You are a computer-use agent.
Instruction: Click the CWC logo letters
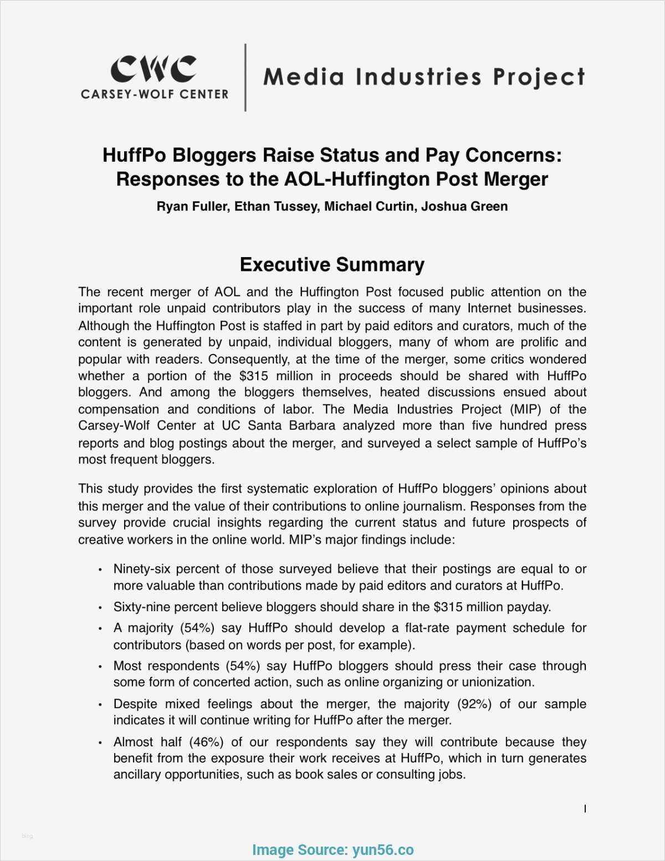tap(153, 69)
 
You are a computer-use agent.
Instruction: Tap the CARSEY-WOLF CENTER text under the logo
tap(155, 94)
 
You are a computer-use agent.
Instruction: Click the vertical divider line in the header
tap(245, 78)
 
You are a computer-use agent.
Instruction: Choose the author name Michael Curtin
tap(369, 207)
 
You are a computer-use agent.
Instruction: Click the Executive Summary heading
tap(332, 265)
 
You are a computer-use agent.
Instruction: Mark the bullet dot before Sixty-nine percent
tap(100, 608)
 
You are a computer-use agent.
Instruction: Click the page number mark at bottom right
tap(585, 809)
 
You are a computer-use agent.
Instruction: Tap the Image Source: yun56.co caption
tap(332, 850)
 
